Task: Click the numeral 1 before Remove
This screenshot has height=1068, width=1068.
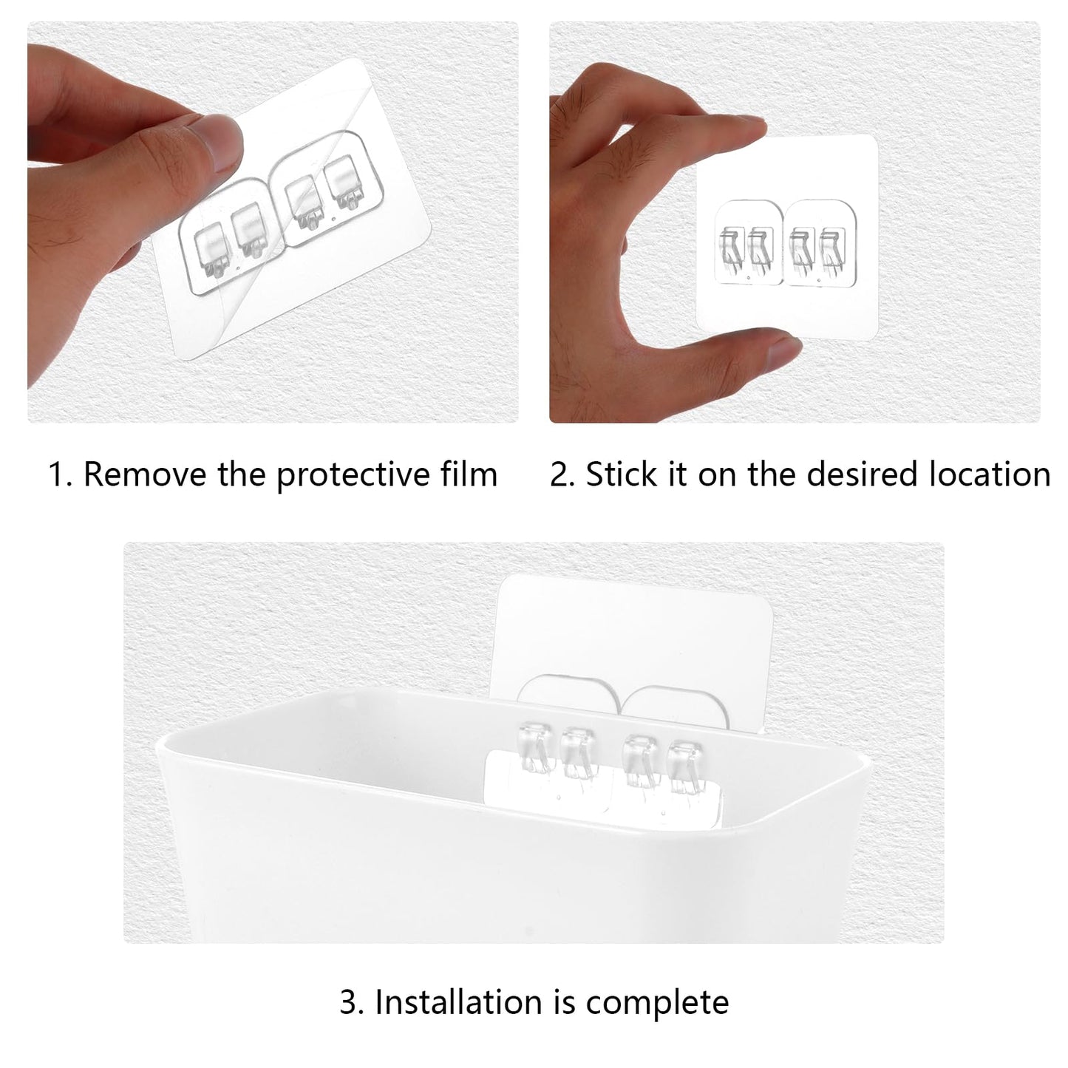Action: tap(58, 475)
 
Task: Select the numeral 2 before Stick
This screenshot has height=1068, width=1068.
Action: tap(562, 475)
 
